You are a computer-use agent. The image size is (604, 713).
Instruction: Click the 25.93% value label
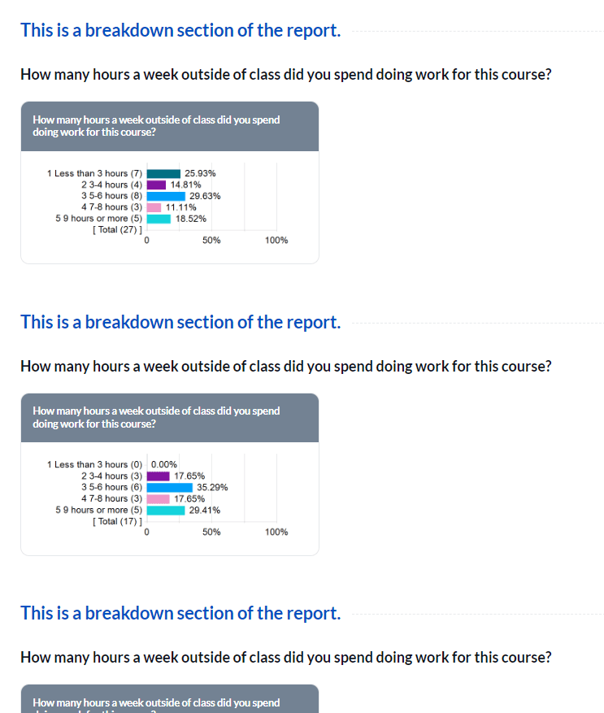(200, 173)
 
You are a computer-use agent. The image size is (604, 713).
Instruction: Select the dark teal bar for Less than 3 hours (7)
(163, 173)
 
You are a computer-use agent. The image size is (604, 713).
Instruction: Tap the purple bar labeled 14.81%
(156, 185)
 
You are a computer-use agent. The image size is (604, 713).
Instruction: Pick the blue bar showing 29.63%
(166, 196)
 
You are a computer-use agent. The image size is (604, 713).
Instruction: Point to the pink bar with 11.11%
(154, 207)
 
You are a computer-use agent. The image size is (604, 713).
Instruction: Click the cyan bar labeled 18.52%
(159, 219)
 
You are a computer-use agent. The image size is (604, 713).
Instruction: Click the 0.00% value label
(164, 465)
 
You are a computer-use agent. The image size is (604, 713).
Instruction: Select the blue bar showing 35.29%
(169, 488)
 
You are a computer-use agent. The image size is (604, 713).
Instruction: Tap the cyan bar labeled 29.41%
(166, 511)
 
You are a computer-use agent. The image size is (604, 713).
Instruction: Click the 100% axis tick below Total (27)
(276, 241)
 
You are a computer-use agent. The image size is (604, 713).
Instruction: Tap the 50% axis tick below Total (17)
(211, 533)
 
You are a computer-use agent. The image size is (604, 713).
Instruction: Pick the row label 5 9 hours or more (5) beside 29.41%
(98, 511)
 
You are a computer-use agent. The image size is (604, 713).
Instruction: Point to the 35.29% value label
(212, 488)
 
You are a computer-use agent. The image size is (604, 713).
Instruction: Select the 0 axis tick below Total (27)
(146, 241)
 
